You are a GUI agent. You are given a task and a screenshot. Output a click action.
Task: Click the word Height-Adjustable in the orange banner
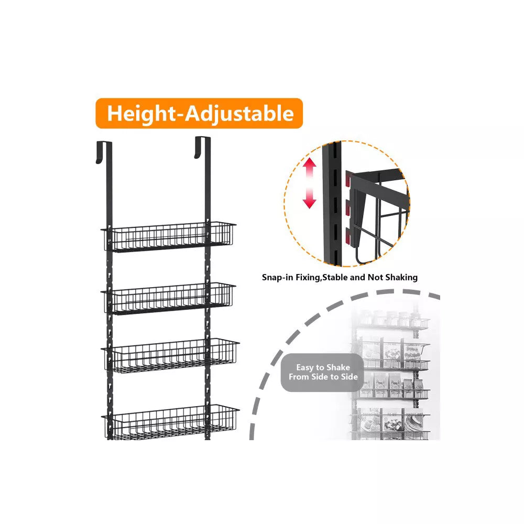coord(200,114)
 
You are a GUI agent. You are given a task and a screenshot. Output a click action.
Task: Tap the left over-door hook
coord(104,152)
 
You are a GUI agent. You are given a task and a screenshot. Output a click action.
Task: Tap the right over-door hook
coord(202,147)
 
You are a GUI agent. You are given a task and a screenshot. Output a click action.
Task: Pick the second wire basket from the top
coord(168,298)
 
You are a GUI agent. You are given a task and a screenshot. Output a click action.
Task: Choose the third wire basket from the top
coord(170,355)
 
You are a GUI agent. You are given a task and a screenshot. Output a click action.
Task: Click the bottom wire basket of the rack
coord(170,422)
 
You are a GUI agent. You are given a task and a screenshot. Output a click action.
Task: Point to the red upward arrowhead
coord(310,163)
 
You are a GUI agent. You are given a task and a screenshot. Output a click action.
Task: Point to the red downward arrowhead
coord(310,203)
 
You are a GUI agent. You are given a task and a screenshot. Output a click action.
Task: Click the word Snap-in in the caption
coord(278,277)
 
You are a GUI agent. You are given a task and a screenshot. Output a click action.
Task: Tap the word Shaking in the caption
coord(401,277)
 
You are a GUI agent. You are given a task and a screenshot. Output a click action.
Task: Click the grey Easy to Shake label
coord(323,372)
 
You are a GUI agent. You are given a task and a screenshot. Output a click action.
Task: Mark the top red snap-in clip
coord(348,180)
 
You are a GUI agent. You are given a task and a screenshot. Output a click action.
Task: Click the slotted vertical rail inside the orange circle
coord(332,204)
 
